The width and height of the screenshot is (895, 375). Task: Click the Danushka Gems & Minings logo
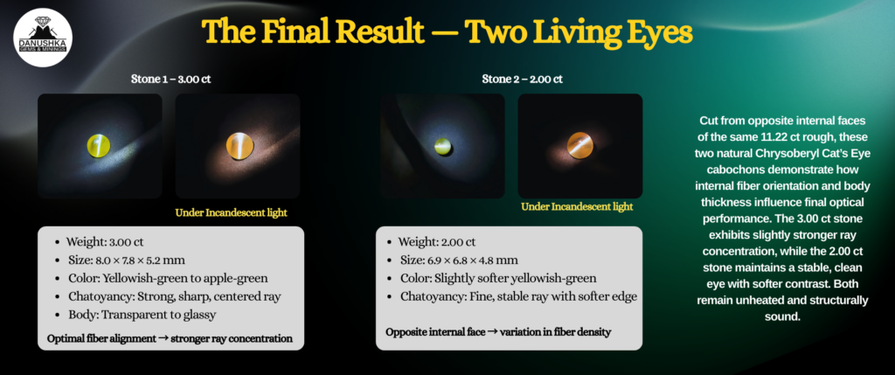(x=42, y=37)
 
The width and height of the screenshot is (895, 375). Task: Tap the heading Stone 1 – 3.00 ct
(x=170, y=80)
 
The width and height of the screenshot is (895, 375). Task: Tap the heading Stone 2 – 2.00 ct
(x=523, y=80)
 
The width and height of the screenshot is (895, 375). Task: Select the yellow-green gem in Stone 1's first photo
(x=99, y=144)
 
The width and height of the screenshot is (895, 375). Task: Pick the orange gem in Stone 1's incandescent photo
(x=239, y=145)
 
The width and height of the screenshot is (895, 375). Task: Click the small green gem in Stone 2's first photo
(x=443, y=146)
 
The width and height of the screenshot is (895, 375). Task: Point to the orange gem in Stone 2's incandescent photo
(x=580, y=145)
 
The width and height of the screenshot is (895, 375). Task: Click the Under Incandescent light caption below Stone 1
(x=231, y=213)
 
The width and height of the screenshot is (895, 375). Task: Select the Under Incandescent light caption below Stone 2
(x=577, y=206)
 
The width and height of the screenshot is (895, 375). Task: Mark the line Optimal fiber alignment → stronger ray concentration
(x=170, y=338)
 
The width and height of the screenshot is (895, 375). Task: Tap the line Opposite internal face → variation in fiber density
(x=498, y=332)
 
